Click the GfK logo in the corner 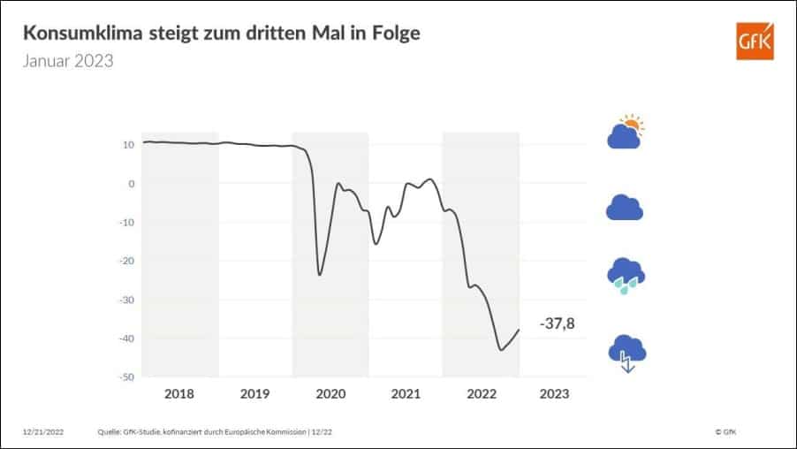[754, 41]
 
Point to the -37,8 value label [557, 324]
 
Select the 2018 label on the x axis [179, 393]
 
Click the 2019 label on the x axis [254, 393]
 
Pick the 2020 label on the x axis [330, 393]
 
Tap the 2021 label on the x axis [405, 393]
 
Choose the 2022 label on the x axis [480, 393]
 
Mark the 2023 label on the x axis [554, 393]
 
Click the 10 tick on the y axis [128, 145]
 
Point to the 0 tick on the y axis [131, 184]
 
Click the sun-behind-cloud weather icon [625, 133]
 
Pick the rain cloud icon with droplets [625, 276]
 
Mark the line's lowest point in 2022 [501, 350]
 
